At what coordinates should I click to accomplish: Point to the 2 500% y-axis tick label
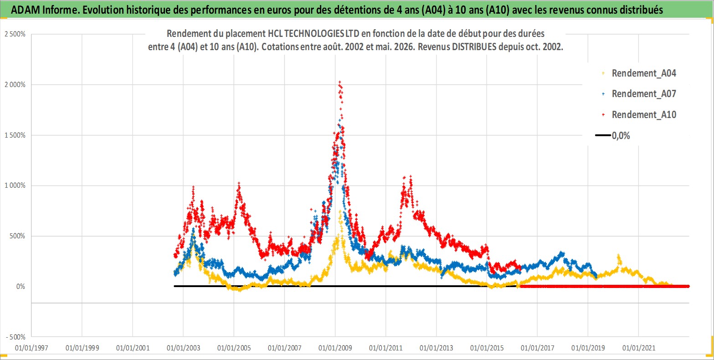(x=15, y=34)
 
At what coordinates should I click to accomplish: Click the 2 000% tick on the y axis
(x=15, y=84)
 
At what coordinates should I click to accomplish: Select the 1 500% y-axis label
(x=15, y=135)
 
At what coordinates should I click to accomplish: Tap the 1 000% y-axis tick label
(x=15, y=185)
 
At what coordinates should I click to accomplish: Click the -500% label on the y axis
(x=15, y=337)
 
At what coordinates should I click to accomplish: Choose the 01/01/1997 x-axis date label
(x=31, y=348)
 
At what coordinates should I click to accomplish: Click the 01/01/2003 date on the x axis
(x=183, y=348)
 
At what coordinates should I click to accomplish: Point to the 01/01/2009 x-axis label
(x=335, y=348)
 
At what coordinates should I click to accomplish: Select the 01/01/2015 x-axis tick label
(x=487, y=348)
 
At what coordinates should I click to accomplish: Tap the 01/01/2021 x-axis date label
(x=638, y=348)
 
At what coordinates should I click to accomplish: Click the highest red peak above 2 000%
(x=340, y=82)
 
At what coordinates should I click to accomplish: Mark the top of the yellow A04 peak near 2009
(x=340, y=211)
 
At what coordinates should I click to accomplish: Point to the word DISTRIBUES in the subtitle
(x=474, y=47)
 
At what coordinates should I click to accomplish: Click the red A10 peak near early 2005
(x=239, y=184)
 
